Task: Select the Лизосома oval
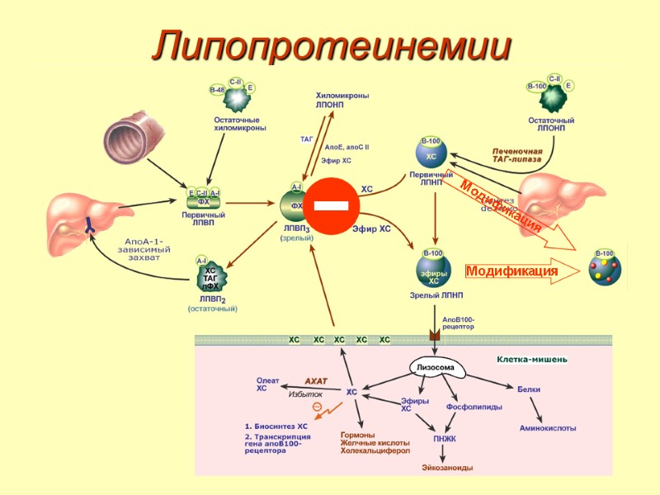coord(433,366)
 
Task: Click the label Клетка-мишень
coord(531,359)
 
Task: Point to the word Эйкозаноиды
coord(447,468)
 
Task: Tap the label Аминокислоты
coord(548,428)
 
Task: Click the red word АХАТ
coord(316,380)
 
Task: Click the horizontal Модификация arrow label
coord(511,271)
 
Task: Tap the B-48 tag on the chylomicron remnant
coord(217,89)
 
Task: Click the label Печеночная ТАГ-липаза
coord(517,156)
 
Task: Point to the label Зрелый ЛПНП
coord(436,295)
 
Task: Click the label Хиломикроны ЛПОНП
coord(342,101)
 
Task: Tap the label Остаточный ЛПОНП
coord(551,125)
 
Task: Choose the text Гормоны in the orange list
coord(358,435)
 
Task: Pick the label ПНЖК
coord(445,439)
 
